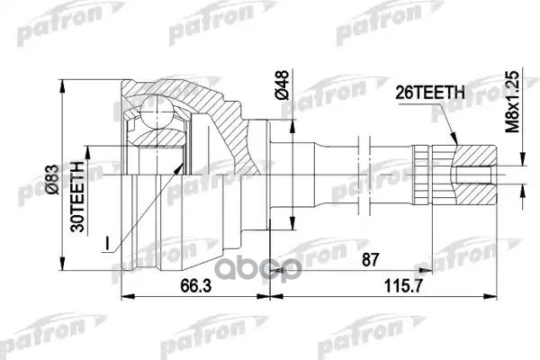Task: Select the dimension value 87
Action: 368,261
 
